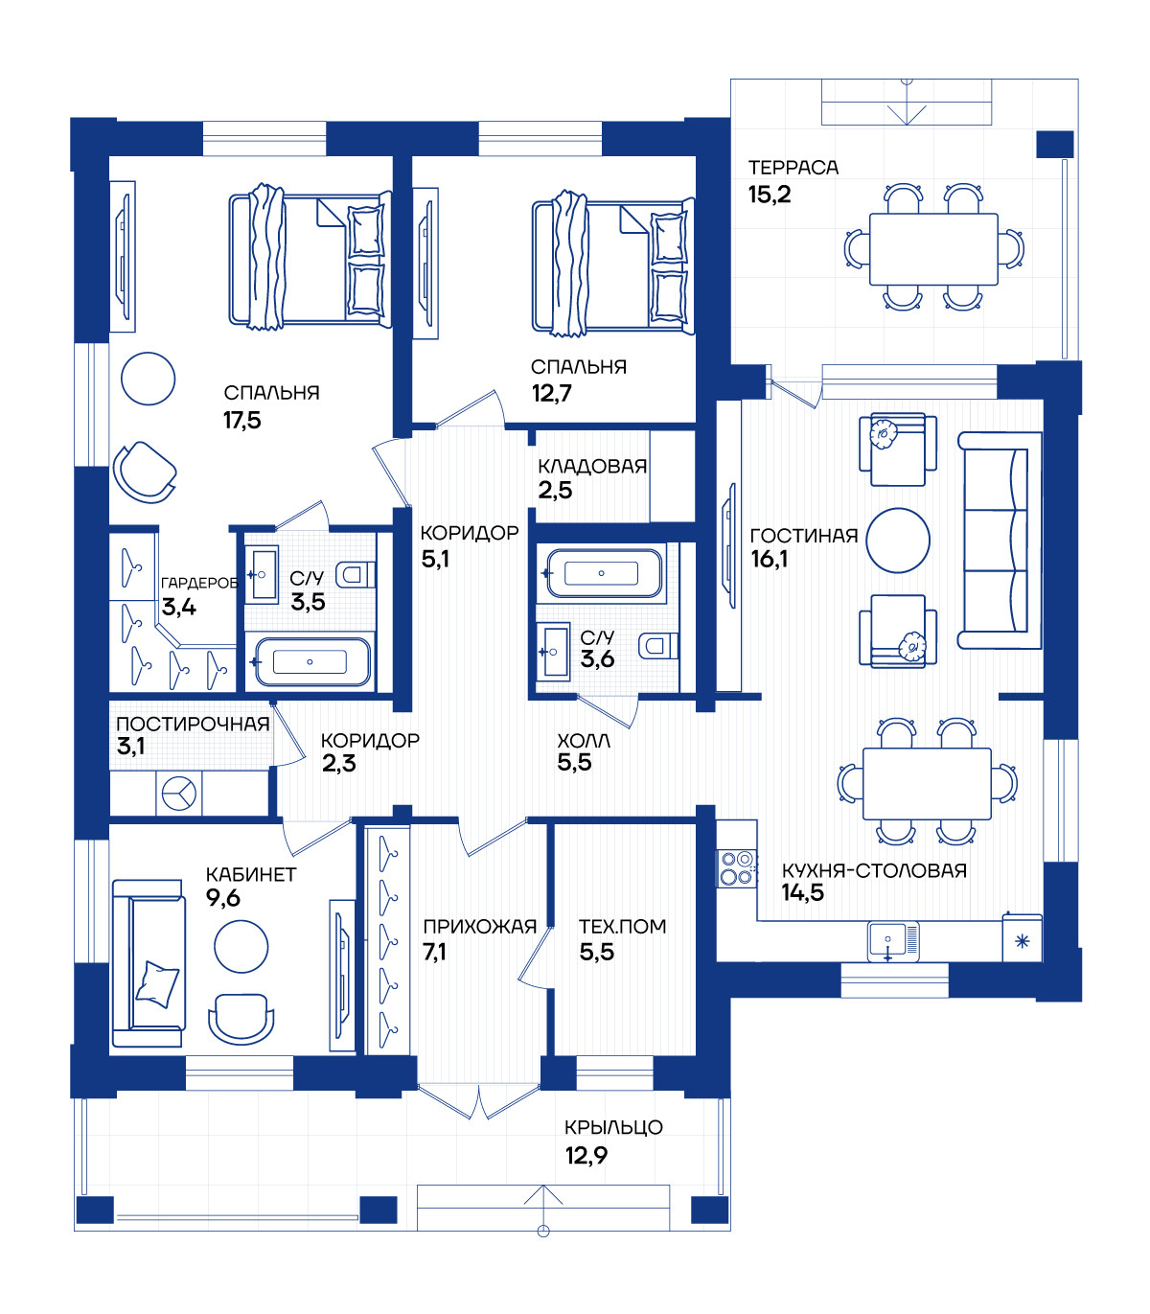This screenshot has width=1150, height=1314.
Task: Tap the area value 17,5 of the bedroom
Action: click(242, 421)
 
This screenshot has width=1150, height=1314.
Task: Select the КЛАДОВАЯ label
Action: click(592, 466)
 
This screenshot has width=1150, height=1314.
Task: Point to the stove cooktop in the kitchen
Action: click(737, 868)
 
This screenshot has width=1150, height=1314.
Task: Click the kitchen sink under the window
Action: click(892, 941)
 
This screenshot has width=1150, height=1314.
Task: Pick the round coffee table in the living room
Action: click(898, 541)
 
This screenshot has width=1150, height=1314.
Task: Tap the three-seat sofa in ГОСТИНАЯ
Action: click(1000, 540)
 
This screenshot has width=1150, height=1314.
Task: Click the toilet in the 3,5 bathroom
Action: click(356, 574)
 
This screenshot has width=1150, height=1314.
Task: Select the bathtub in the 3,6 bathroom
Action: click(604, 573)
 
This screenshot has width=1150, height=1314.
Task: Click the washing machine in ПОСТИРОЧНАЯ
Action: click(178, 794)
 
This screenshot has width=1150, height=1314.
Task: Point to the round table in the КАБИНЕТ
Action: click(241, 947)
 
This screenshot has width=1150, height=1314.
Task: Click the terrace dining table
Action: click(933, 248)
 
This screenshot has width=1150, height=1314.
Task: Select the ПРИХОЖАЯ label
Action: click(480, 927)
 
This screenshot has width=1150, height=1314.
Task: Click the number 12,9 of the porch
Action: click(586, 1155)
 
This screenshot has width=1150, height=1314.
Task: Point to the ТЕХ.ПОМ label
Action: click(622, 927)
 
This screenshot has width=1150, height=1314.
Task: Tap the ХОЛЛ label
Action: click(584, 741)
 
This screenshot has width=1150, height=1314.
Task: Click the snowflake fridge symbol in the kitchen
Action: click(1022, 941)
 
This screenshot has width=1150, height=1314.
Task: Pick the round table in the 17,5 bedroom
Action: click(148, 379)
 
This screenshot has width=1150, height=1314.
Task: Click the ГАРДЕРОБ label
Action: click(199, 583)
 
